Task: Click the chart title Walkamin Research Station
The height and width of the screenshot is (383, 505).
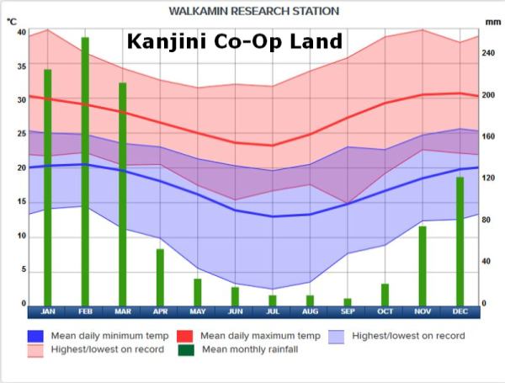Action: tap(253, 11)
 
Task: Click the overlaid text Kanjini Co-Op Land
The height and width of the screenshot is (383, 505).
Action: tap(235, 42)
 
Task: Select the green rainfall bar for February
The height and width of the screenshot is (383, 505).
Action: tap(85, 168)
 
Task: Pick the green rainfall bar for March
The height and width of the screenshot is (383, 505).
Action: tap(123, 194)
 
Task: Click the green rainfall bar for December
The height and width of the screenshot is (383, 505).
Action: tap(460, 241)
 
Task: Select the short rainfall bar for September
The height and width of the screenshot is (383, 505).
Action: tap(348, 301)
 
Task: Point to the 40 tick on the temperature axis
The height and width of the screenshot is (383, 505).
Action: tap(21, 32)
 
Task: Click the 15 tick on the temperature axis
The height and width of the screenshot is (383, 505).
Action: tap(21, 203)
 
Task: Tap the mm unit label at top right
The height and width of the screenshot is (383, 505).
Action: tap(492, 23)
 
